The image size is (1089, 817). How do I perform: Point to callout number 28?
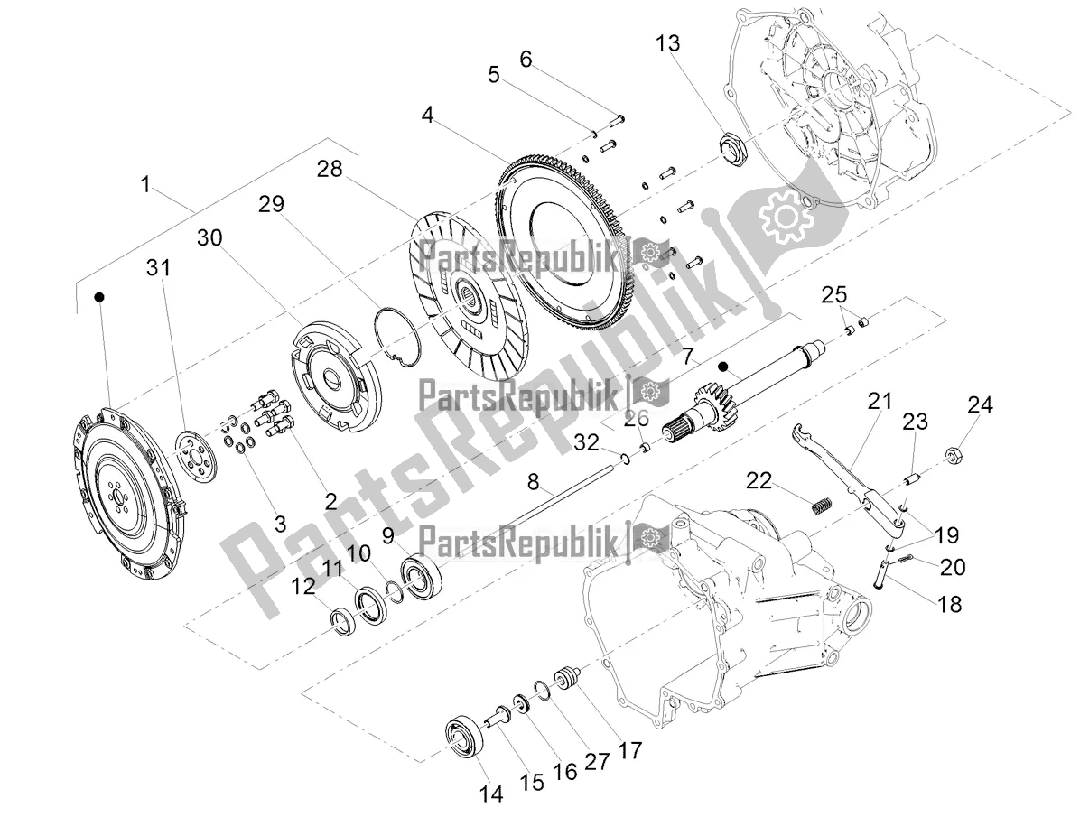click(x=329, y=170)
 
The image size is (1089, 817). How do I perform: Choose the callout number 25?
click(x=834, y=293)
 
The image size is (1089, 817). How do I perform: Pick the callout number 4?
click(x=427, y=115)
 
